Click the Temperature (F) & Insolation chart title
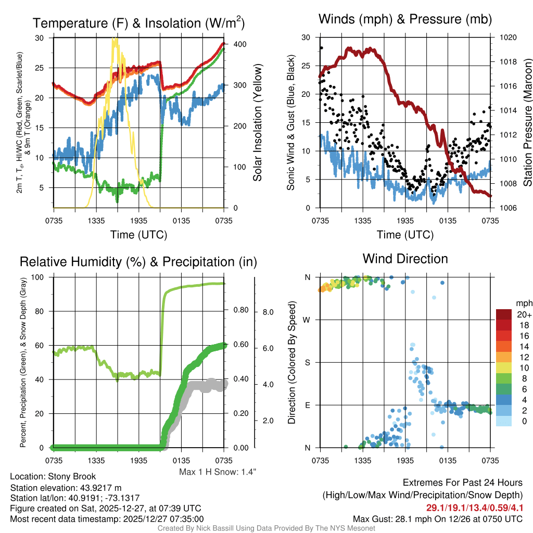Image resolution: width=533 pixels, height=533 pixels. click(x=138, y=23)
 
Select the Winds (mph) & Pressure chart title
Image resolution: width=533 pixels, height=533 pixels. click(x=405, y=20)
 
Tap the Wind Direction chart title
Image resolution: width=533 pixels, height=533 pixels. click(x=405, y=259)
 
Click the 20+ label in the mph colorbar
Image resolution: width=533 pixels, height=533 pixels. click(x=524, y=314)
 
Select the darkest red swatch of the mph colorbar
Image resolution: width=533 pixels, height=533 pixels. click(x=505, y=314)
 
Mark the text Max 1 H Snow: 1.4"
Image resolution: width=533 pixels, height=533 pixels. click(x=218, y=472)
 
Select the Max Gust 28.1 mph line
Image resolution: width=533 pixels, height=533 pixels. click(x=438, y=519)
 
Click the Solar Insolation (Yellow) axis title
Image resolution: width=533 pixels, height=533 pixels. click(x=257, y=123)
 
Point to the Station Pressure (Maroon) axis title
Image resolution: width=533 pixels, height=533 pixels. click(x=526, y=123)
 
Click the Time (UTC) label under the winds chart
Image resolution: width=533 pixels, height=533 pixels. click(x=405, y=235)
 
